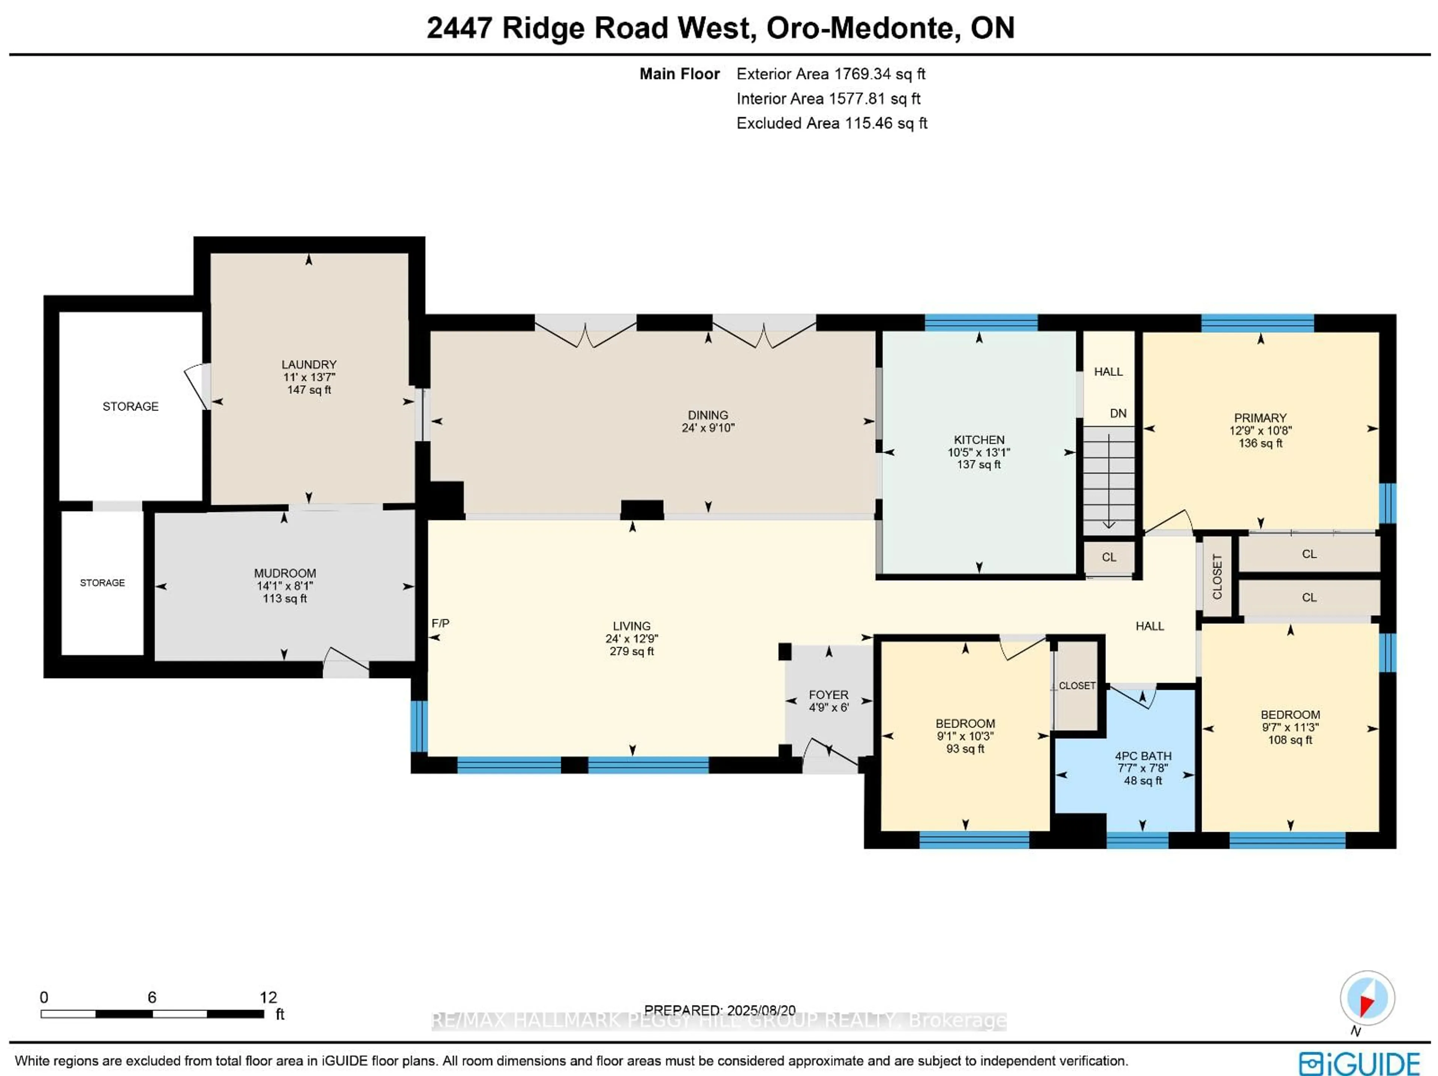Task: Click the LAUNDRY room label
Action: (x=309, y=365)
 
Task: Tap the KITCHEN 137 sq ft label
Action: (x=979, y=464)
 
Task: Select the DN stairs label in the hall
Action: (x=1117, y=413)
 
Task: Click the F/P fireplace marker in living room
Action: (x=440, y=623)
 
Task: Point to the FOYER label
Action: (x=828, y=695)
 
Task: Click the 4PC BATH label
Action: (x=1143, y=756)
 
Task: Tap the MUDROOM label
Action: (x=285, y=573)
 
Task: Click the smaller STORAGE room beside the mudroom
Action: (x=102, y=583)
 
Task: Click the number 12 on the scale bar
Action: (x=268, y=997)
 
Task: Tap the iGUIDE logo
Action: (x=1359, y=1063)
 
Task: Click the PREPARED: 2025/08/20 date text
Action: (x=720, y=1011)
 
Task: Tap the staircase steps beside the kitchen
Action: (x=1108, y=481)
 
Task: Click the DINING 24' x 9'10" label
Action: (x=707, y=421)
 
